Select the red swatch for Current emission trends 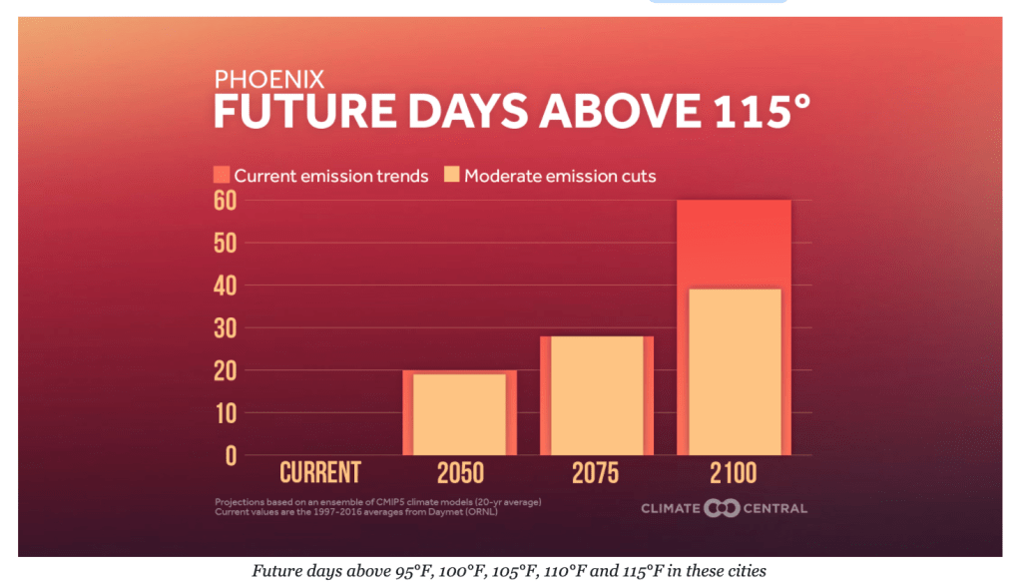pyautogui.click(x=222, y=176)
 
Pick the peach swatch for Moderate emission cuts pyautogui.click(x=451, y=176)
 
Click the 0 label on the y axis pyautogui.click(x=231, y=455)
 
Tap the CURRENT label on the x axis pyautogui.click(x=319, y=472)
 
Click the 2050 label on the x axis pyautogui.click(x=460, y=472)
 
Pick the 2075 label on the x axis pyautogui.click(x=596, y=472)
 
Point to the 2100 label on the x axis pyautogui.click(x=734, y=472)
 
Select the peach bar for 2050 pyautogui.click(x=459, y=414)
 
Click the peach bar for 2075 pyautogui.click(x=597, y=395)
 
